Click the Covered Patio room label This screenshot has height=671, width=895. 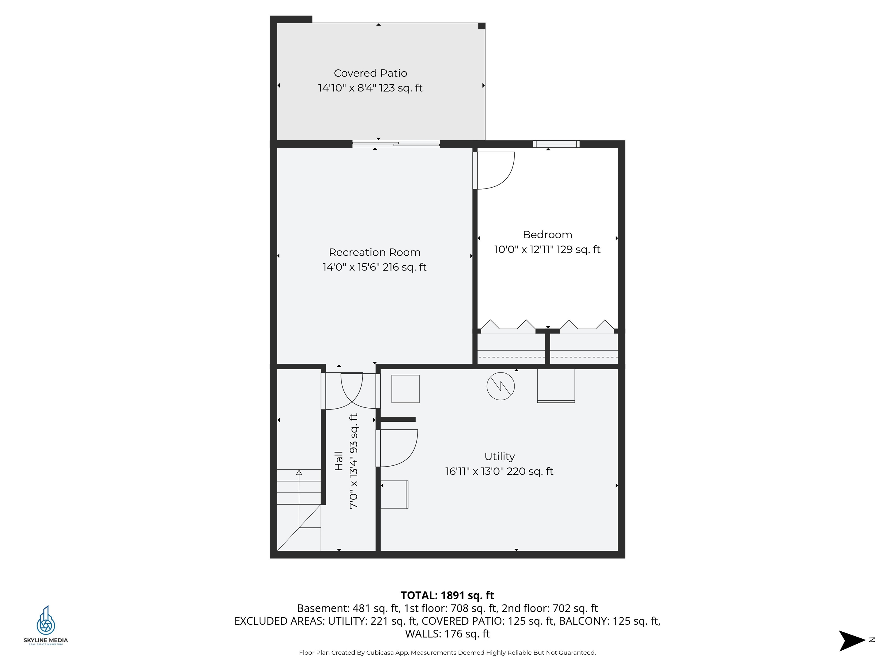coord(370,73)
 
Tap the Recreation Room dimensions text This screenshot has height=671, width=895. coord(374,267)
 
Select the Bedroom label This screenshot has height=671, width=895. coord(547,234)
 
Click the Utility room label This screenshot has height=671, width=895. coord(499,456)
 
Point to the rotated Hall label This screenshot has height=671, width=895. coord(339,461)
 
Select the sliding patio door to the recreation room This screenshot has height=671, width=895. coord(396,144)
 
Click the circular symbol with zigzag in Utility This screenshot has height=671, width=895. coord(501,386)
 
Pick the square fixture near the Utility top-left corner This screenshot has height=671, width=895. coord(406,389)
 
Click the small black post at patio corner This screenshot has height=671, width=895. coord(482,26)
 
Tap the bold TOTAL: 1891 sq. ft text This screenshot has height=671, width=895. coord(447,595)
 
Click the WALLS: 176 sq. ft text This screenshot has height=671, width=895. coord(447,634)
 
